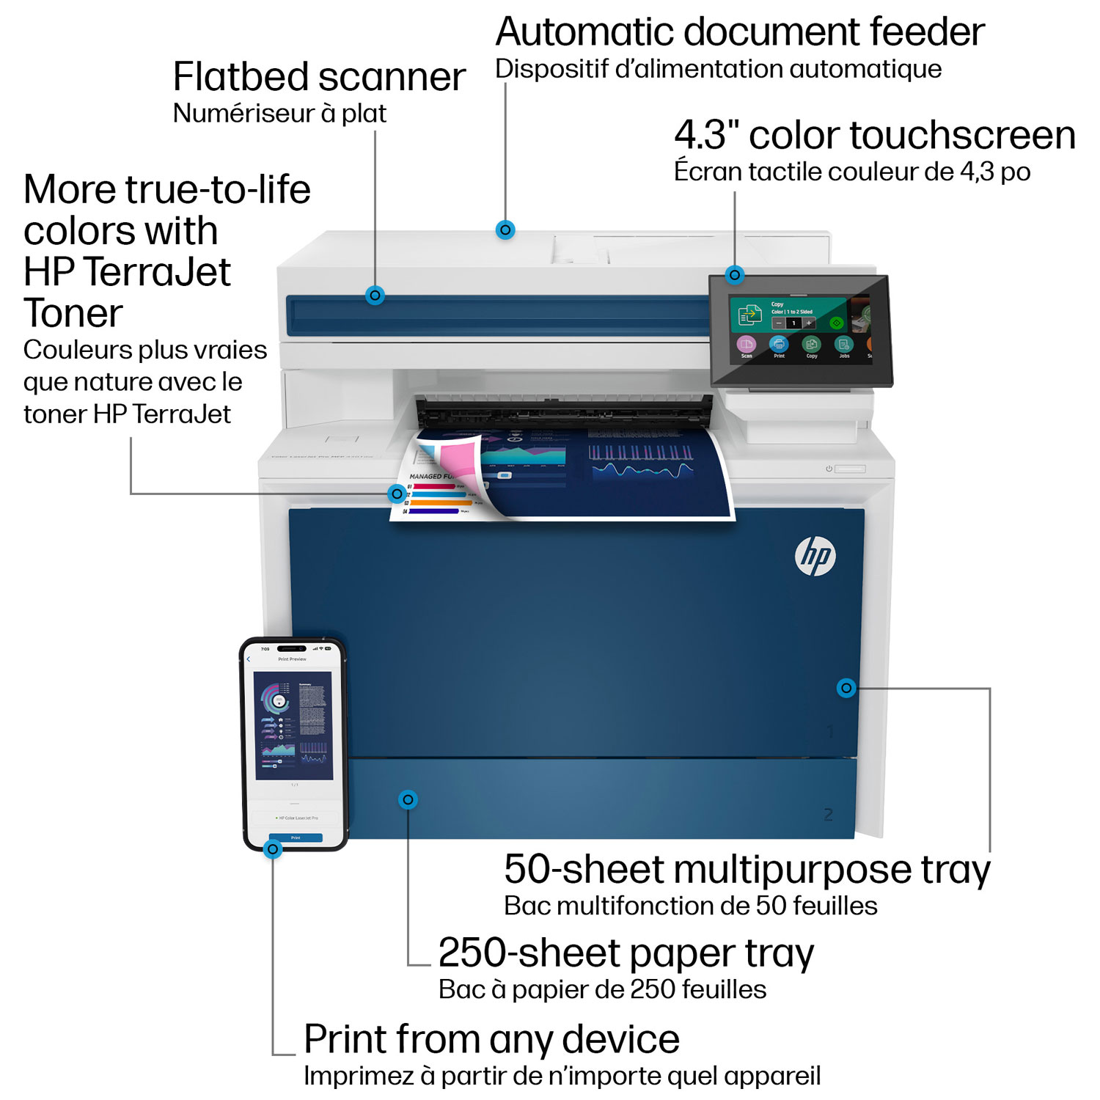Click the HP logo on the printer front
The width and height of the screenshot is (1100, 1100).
815,556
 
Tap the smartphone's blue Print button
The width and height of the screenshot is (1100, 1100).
296,837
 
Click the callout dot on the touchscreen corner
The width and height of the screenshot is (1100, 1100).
735,275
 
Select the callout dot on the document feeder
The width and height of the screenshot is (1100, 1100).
505,230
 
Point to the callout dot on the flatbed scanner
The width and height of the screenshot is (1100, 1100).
375,296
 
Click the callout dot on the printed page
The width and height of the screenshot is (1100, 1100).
397,494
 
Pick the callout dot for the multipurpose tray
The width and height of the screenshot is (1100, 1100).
846,688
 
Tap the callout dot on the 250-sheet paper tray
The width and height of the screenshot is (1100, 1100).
408,799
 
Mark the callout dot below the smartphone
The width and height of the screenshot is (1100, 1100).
273,849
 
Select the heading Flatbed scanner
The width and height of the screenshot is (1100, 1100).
319,77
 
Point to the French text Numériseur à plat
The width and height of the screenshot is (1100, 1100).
279,114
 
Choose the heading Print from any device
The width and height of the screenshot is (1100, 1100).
491,1039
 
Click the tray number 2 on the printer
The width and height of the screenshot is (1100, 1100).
828,815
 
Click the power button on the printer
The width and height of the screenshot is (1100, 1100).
829,469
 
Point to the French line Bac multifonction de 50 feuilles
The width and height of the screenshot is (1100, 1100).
690,906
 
